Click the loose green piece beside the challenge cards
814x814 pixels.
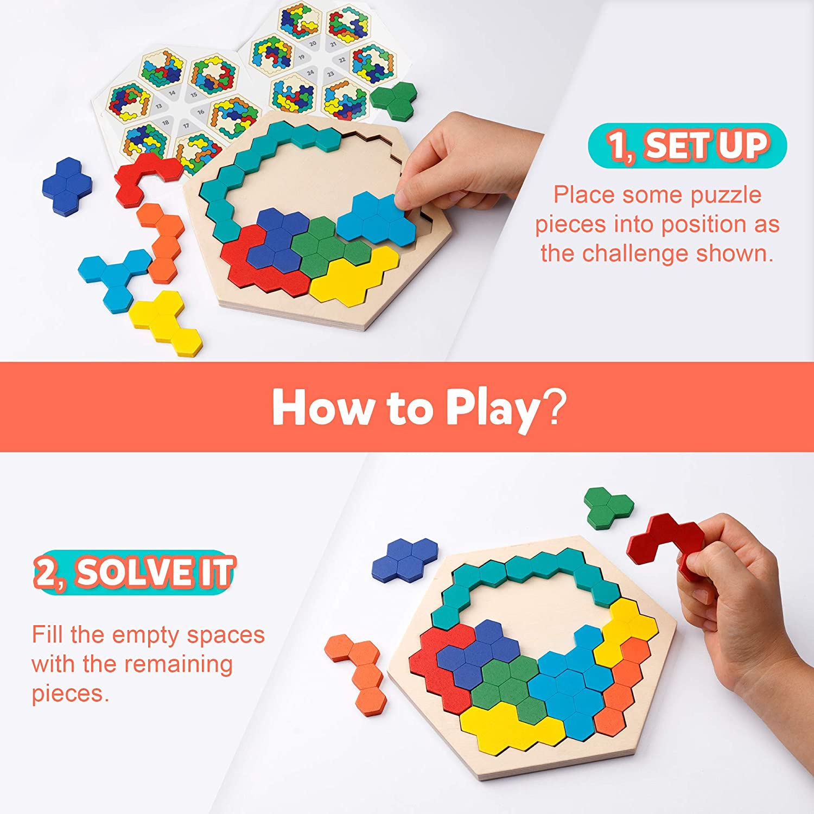395,100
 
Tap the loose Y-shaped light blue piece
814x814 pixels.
113,277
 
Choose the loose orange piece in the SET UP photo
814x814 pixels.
160,241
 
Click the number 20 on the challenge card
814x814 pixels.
313,43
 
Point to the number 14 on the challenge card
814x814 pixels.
172,93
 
